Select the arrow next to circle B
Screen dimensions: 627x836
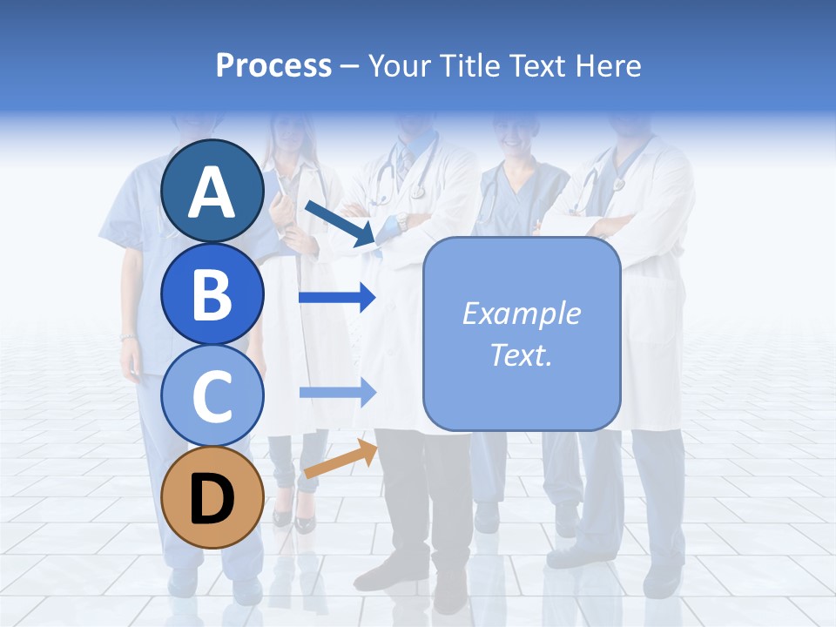(x=336, y=298)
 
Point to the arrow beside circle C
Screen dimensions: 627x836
(x=337, y=393)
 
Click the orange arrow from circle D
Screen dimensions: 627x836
(x=340, y=459)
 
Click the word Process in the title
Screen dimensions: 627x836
(x=273, y=65)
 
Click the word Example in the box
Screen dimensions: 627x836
(x=521, y=313)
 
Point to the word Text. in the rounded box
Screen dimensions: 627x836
(x=521, y=355)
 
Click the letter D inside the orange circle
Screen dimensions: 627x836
(x=212, y=500)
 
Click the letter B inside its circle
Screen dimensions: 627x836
(x=212, y=294)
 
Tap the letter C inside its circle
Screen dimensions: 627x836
(x=212, y=396)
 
